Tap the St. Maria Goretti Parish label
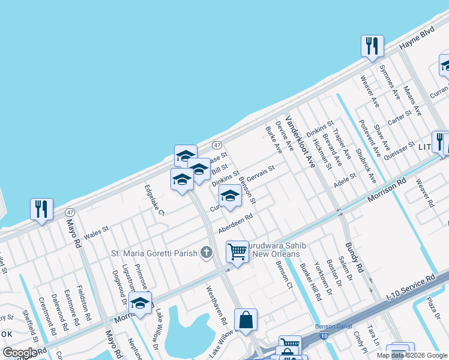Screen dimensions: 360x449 pos(154,253)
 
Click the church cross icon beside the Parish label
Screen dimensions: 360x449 pos(206,253)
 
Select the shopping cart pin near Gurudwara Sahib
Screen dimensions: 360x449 pos(238,251)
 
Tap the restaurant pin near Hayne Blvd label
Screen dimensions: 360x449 pos(372,46)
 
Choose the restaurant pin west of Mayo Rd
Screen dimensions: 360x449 pos(41,209)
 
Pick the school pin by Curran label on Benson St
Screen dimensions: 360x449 pos(229,196)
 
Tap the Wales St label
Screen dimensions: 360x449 pos(96,230)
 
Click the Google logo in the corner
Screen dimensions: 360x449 pos(20,353)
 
